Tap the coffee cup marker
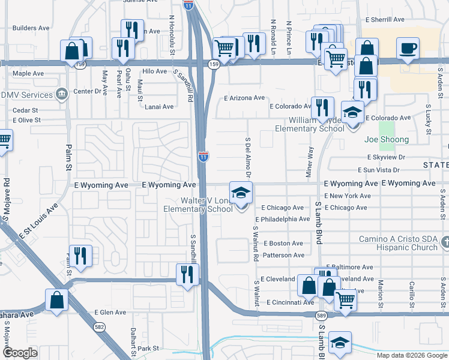click(408, 48)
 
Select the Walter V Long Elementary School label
click(198, 205)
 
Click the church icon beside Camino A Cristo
click(444, 242)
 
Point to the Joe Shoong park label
click(387, 140)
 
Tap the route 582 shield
click(100, 327)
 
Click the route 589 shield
click(322, 316)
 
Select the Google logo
click(20, 353)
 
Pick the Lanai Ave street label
click(159, 107)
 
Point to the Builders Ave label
click(31, 28)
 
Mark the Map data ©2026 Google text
click(411, 355)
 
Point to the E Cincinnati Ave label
click(291, 302)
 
